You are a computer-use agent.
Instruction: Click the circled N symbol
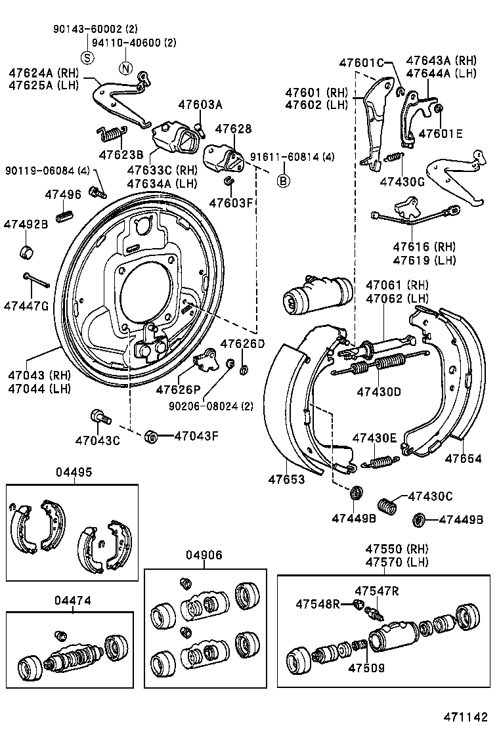pos(125,68)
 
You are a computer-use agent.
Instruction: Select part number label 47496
pos(63,194)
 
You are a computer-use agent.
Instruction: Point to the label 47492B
pos(26,224)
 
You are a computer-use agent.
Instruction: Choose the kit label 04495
pos(74,472)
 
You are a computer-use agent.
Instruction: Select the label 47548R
pos(318,603)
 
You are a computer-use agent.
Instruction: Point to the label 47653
pos(286,479)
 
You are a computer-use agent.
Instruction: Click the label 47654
pos(463,458)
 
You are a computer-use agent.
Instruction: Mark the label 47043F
pos(197,435)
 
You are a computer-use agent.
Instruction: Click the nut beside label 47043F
pos(150,435)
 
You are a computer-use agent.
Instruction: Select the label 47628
pos(233,129)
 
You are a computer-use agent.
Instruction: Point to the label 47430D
pos(379,392)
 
